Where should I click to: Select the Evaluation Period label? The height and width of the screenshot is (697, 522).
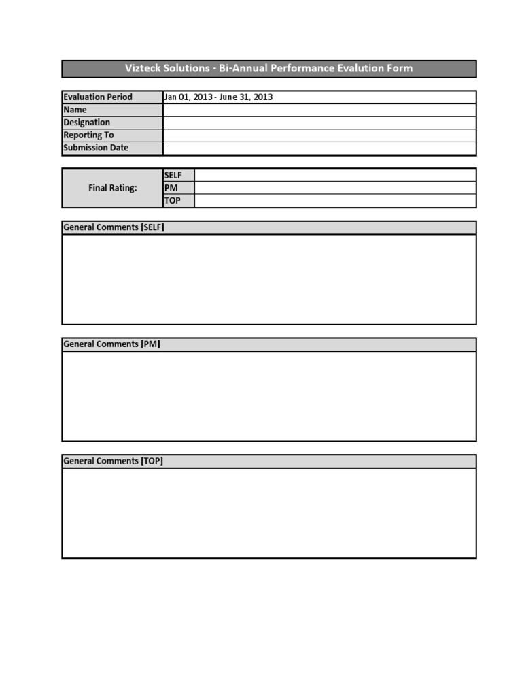pos(98,97)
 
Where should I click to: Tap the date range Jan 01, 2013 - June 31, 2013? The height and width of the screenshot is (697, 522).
pos(218,97)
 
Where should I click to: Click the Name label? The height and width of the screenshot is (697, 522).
pos(75,110)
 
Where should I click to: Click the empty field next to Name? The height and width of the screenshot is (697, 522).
pos(319,110)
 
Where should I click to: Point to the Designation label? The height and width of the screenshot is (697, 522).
pos(87,123)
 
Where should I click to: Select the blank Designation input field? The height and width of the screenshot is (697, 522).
pos(319,123)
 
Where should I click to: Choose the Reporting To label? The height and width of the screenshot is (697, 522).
pos(89,135)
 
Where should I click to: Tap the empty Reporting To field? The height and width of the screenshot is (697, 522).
pos(319,135)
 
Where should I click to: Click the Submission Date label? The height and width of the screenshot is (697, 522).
pos(96,148)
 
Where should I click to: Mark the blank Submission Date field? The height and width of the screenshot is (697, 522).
pos(319,148)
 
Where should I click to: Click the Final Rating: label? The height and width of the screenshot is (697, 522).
pos(113,188)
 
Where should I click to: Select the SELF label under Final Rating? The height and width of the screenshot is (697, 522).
pos(173,175)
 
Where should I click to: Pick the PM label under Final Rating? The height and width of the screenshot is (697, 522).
pos(171,188)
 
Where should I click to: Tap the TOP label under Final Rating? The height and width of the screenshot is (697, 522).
pos(173,201)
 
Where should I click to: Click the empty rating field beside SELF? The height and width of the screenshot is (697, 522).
pos(335,175)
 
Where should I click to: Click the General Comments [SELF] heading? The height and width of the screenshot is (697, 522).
pos(114,227)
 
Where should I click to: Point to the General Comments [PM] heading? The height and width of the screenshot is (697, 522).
pos(111,344)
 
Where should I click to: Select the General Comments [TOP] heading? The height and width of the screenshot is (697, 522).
pos(113,461)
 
